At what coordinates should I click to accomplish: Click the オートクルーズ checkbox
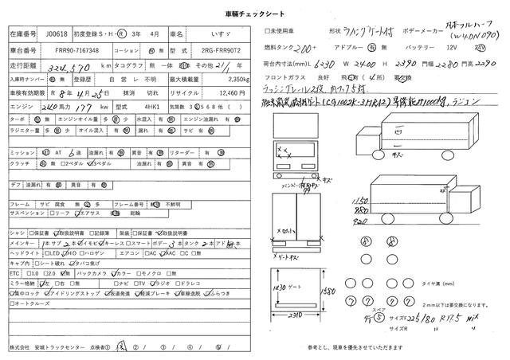pos(12,303)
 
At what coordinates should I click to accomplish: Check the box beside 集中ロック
pos(12,293)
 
